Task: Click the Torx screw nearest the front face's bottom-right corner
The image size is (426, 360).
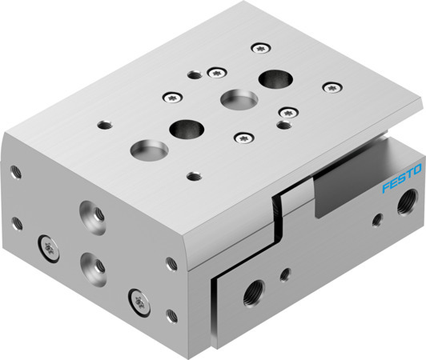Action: click(134, 301)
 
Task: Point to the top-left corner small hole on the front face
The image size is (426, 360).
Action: click(14, 170)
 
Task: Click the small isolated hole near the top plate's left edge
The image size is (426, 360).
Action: click(102, 125)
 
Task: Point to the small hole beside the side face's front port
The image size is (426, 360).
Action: click(285, 275)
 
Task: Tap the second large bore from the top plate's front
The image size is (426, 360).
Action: click(186, 126)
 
